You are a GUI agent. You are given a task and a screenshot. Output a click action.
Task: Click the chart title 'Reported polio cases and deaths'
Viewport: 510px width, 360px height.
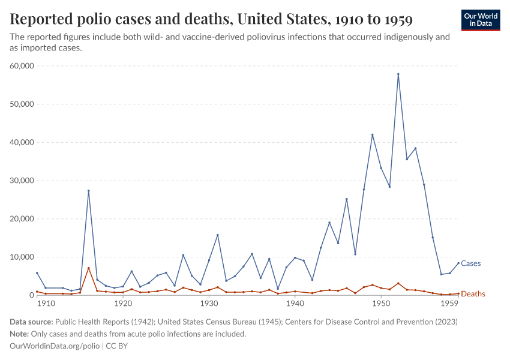pos(211,20)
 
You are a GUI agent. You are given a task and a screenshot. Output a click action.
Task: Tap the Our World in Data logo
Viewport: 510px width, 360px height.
pos(480,20)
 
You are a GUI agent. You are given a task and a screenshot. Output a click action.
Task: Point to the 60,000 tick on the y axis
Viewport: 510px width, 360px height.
pos(23,66)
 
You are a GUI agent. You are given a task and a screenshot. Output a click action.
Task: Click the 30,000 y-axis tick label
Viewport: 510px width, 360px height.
pos(23,181)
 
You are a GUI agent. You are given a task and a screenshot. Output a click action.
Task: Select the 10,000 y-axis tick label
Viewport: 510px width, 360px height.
pos(23,257)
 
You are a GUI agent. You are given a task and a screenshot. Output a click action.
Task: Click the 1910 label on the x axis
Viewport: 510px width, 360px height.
pos(45,304)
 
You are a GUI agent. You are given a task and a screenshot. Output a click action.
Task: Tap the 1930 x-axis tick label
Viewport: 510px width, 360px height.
pos(209,304)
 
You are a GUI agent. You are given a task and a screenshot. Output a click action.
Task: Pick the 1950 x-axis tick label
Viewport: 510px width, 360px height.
pos(381,304)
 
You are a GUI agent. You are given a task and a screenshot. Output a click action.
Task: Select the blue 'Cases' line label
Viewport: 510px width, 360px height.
pos(470,263)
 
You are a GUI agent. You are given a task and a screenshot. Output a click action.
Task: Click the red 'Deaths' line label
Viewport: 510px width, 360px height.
pos(473,294)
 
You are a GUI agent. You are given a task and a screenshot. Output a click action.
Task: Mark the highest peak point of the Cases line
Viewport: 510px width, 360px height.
pos(398,74)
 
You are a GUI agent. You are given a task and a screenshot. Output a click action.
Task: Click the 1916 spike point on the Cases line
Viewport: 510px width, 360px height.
pos(89,191)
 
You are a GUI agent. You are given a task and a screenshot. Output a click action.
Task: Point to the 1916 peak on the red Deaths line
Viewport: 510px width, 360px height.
pos(89,268)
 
